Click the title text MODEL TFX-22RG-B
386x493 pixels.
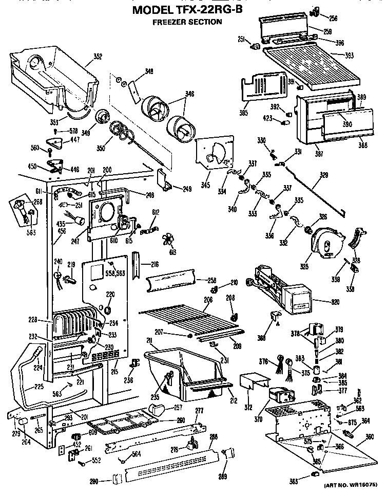pos(187,10)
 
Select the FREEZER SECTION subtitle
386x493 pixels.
pos(187,22)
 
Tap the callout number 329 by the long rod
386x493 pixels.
pos(323,175)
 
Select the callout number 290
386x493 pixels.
pos(93,481)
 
